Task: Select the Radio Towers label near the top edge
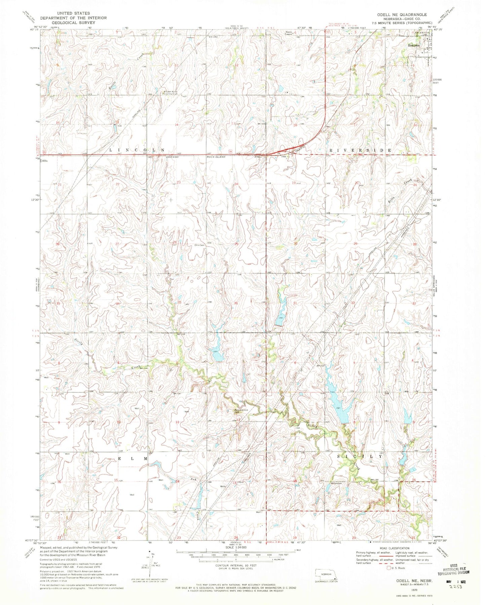pos(289,33)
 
